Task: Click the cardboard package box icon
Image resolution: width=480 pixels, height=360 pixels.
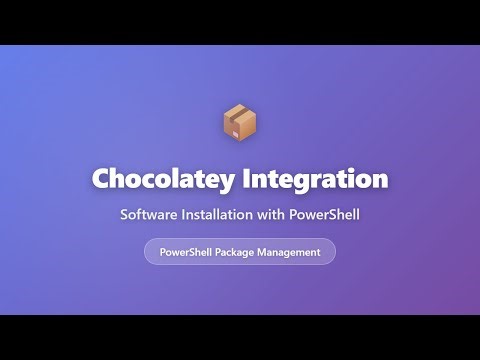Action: click(x=240, y=123)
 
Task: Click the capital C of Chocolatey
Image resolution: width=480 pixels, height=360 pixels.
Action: click(x=101, y=179)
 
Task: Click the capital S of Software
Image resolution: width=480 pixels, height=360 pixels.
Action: click(x=124, y=215)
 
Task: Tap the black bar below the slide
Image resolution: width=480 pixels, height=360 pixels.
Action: click(x=240, y=337)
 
